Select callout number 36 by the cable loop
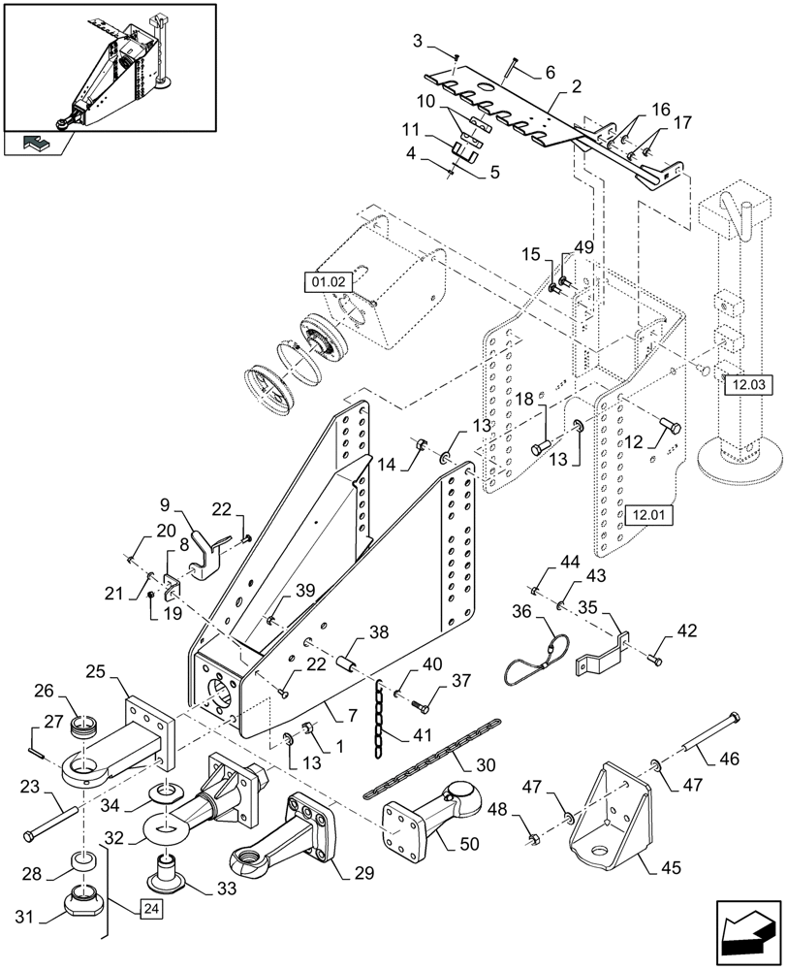point(522,613)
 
